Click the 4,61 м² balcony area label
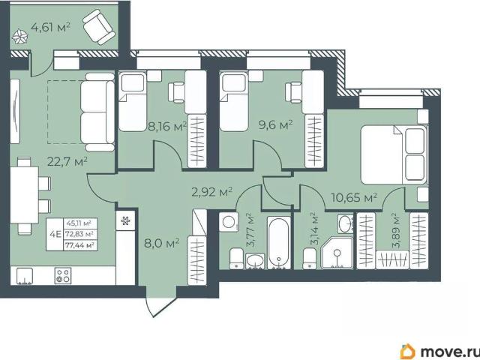click(51, 27)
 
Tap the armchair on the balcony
click(99, 27)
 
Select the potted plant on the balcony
click(20, 37)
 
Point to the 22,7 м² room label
click(67, 161)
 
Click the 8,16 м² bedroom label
click(167, 126)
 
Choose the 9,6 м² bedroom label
click(276, 125)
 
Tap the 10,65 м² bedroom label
click(354, 197)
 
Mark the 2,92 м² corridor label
click(211, 192)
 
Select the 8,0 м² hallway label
click(162, 244)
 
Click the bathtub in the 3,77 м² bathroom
click(279, 243)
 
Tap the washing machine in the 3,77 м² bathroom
click(229, 222)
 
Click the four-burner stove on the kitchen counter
click(63, 275)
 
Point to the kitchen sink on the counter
click(24, 276)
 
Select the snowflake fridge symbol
click(125, 220)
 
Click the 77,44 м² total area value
click(80, 245)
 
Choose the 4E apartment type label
click(55, 235)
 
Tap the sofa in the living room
click(97, 112)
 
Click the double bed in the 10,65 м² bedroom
click(394, 154)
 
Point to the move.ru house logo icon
click(407, 351)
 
